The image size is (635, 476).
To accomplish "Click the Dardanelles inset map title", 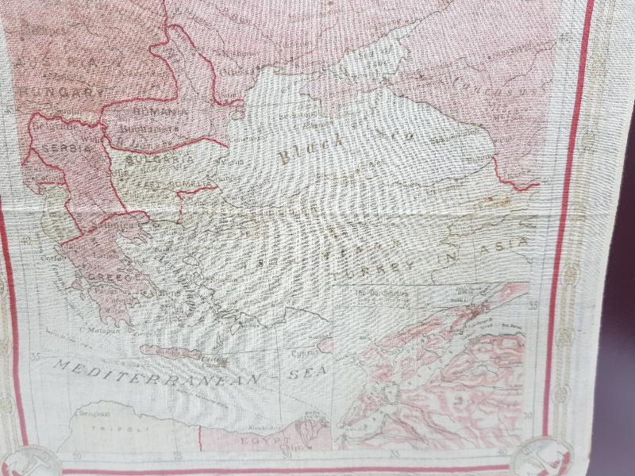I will click(373, 293).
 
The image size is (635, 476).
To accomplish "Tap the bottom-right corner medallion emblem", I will click(540, 458).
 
